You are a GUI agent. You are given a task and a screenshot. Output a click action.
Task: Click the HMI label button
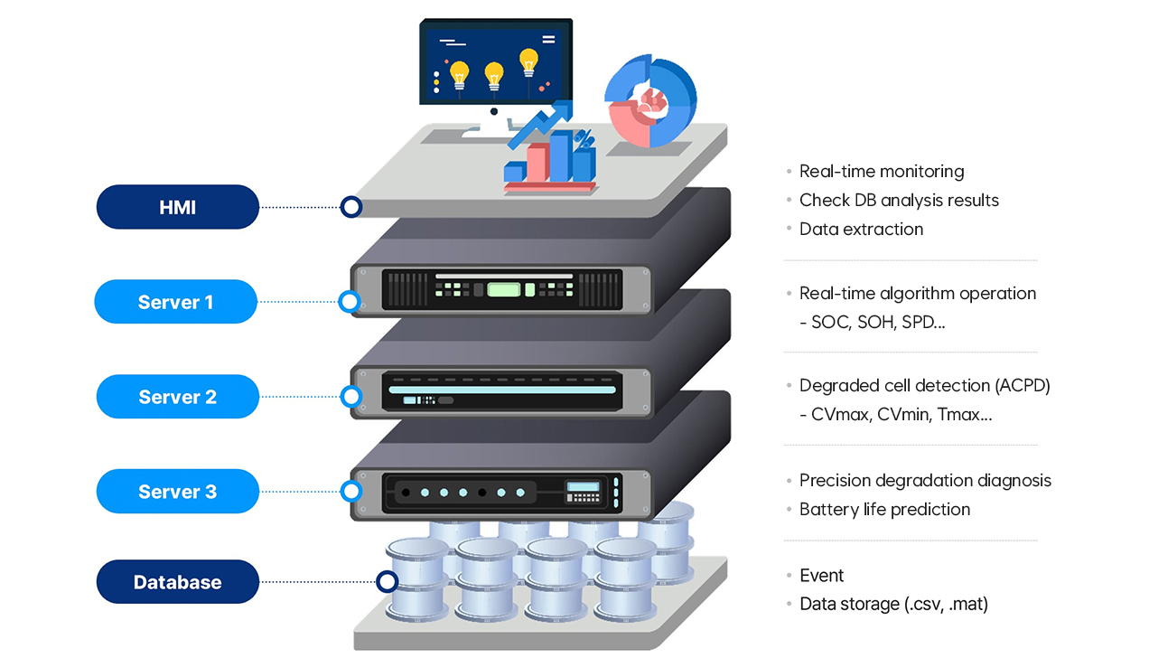point(178,207)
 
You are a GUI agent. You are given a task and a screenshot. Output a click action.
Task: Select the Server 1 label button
point(176,302)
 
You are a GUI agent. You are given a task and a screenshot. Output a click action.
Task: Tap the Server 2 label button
point(177,397)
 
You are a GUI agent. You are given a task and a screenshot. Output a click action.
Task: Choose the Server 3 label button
point(177,492)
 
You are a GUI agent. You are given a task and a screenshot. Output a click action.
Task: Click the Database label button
point(177,582)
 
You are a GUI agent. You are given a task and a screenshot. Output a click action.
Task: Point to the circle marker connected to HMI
point(350,207)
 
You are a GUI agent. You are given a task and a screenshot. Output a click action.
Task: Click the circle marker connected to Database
point(387,582)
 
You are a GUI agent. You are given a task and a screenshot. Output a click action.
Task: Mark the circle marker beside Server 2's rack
point(350,396)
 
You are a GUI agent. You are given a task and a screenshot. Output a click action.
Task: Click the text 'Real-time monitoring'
point(881,171)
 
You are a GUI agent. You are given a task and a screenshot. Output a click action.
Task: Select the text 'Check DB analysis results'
point(899,200)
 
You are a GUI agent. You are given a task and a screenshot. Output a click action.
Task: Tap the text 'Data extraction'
point(861,229)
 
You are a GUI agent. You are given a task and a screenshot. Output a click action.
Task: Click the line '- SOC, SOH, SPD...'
point(873,322)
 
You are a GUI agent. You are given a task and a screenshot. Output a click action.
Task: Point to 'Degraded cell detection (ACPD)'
point(924,385)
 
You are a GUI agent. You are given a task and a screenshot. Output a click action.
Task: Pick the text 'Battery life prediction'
point(884,509)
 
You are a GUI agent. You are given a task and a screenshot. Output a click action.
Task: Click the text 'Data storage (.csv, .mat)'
point(893,604)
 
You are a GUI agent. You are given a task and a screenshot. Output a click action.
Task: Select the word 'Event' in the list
point(821,575)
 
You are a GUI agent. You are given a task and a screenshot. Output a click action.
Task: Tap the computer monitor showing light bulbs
point(495,64)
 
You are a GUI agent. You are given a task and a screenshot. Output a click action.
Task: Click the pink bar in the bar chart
point(537,164)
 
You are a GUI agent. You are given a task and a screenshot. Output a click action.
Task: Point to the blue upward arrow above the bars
point(542,124)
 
